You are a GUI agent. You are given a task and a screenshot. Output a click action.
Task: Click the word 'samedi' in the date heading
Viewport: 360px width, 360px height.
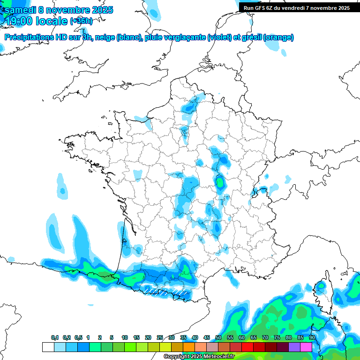click(20, 10)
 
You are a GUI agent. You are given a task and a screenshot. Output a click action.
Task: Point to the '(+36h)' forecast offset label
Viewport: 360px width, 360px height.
click(81, 21)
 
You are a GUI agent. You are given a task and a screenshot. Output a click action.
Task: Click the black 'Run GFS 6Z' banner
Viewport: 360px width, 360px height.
click(297, 7)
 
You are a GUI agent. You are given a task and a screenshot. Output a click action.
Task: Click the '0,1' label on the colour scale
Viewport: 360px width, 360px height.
click(55, 338)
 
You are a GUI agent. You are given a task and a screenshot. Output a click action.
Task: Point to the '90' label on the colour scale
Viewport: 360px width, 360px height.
click(312, 338)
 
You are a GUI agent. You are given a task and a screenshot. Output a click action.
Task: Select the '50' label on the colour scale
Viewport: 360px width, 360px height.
click(218, 338)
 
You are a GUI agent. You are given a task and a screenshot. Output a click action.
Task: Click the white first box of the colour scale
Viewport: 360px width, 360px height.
click(48, 347)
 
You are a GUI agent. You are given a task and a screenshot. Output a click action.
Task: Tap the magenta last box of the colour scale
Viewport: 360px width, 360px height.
click(306, 347)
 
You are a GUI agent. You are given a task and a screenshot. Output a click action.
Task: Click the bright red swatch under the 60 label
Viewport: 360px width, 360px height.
click(247, 347)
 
